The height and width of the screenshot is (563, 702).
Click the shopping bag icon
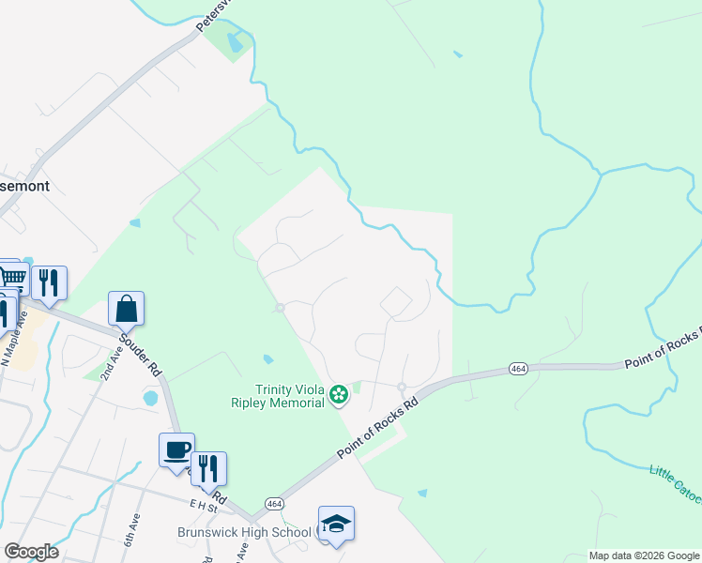click(x=126, y=309)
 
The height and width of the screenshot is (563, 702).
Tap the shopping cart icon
click(x=11, y=277)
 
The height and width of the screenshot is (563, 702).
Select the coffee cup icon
click(x=176, y=450)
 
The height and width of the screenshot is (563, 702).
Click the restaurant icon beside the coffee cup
click(x=208, y=469)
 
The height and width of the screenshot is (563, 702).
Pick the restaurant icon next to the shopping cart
click(x=48, y=282)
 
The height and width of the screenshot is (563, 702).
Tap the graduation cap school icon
click(x=336, y=525)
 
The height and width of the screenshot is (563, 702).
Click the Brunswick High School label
click(x=244, y=532)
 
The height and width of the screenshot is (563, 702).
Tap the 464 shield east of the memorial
click(x=517, y=367)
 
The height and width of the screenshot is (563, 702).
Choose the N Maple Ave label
click(x=18, y=336)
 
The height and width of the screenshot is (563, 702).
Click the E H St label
click(x=204, y=504)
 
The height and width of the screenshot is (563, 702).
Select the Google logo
click(x=30, y=552)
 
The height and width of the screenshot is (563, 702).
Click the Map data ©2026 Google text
click(x=644, y=555)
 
